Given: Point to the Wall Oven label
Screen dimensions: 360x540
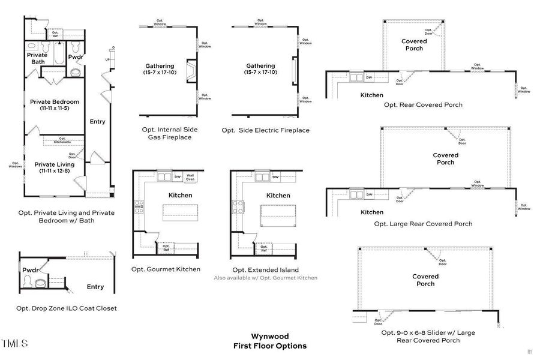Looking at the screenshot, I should tap(190, 177).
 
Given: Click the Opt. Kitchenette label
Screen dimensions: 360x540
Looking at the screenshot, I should tap(62, 140).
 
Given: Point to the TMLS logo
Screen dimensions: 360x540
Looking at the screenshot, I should tap(14, 344).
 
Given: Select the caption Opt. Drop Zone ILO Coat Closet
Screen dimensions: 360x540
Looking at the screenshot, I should tap(67, 308).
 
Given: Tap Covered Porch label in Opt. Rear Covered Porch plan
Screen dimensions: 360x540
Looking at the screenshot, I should tap(414, 45).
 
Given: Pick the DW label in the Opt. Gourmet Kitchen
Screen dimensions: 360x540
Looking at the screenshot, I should tap(177, 177).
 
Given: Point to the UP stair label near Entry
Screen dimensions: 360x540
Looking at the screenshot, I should tap(107, 59).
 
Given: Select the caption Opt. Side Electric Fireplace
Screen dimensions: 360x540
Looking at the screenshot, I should tap(265, 130).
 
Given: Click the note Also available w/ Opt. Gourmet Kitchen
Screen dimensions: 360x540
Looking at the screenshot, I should tap(266, 278).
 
